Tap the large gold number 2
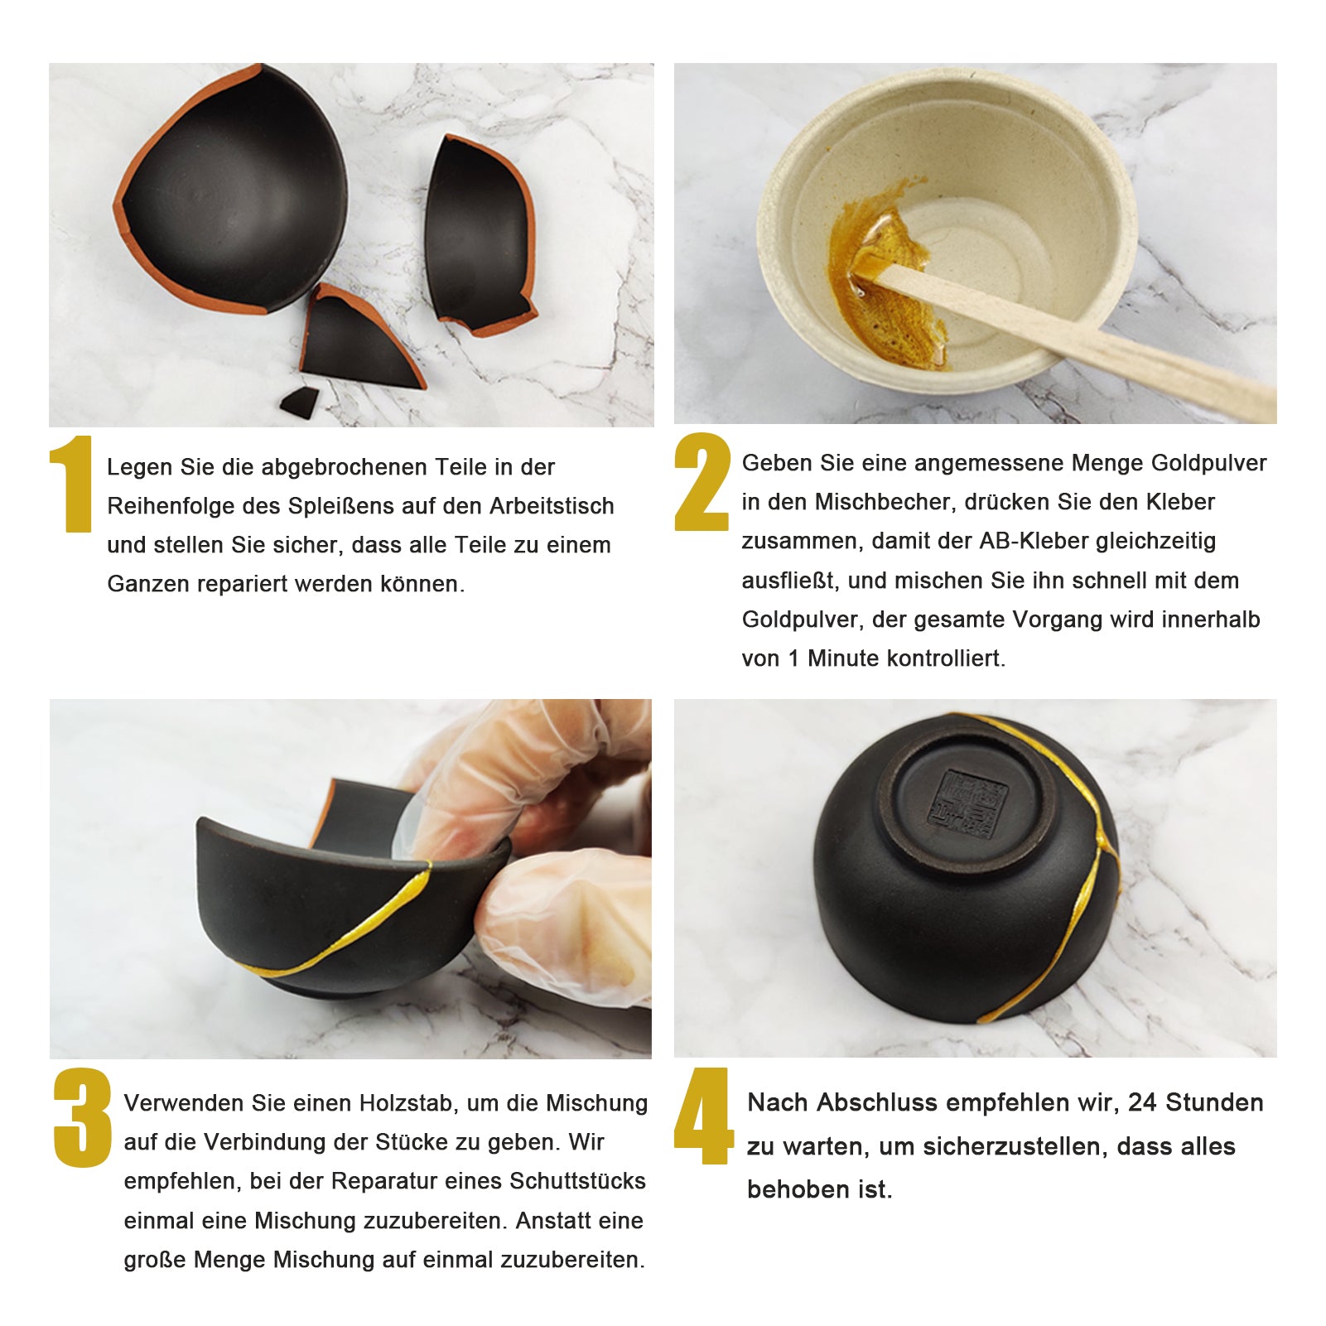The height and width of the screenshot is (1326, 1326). (x=702, y=481)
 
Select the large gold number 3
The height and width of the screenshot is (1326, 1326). (x=82, y=1118)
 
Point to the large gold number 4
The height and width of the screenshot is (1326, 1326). (x=703, y=1116)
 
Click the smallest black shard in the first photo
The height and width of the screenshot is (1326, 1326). (x=299, y=403)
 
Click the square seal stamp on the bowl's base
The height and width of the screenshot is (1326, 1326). (x=967, y=801)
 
